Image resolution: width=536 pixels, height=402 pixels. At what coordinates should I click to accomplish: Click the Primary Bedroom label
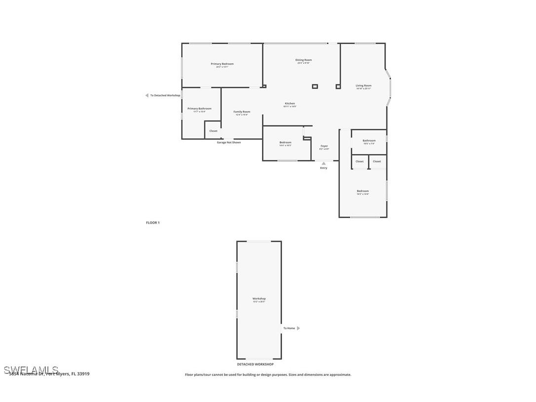click(222, 64)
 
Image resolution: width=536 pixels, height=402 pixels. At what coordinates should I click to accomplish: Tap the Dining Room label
click(304, 60)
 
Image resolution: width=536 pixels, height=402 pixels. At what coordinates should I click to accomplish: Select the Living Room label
click(364, 85)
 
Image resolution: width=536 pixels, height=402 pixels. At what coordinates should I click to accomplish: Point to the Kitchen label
click(290, 103)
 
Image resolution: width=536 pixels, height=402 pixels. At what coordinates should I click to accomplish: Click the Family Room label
click(242, 112)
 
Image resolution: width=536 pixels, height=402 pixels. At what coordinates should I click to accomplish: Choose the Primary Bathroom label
click(199, 108)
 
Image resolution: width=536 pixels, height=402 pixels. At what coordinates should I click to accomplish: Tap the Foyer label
click(324, 146)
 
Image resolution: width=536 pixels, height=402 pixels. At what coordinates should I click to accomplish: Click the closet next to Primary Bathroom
click(213, 131)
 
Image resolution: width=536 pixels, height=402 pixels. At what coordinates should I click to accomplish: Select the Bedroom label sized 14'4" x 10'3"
click(285, 142)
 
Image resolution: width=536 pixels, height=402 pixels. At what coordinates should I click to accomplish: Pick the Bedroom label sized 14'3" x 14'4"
click(363, 191)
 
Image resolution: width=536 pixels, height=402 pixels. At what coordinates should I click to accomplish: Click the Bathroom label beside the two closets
click(369, 140)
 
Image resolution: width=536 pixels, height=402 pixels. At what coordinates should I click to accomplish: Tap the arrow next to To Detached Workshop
click(147, 95)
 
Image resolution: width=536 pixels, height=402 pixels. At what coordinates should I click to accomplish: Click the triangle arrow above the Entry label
click(324, 163)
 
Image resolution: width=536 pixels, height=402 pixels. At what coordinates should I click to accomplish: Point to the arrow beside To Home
click(298, 328)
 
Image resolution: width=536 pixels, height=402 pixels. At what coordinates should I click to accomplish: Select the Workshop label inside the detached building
click(259, 298)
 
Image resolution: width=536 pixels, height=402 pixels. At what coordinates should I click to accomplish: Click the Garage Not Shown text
click(229, 142)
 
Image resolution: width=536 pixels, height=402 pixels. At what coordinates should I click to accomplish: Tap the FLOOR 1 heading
click(153, 223)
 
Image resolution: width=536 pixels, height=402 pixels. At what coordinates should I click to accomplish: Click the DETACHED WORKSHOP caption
click(255, 364)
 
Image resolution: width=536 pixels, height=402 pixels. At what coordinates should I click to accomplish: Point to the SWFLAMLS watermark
click(31, 369)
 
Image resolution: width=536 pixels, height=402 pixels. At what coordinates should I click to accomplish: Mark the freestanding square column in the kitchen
click(315, 86)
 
